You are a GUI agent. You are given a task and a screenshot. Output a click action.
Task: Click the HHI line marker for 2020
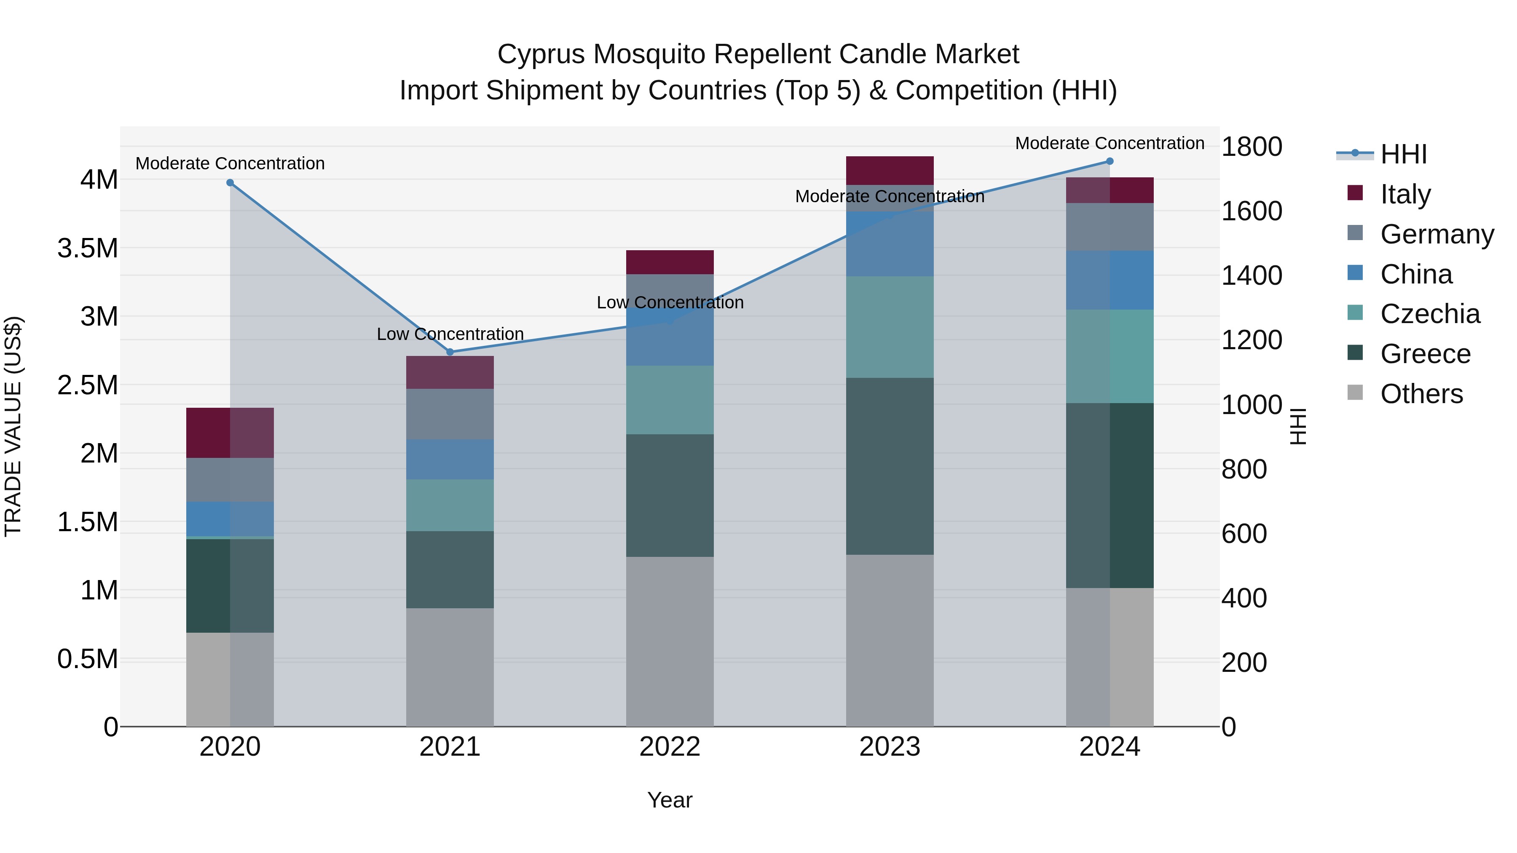tap(230, 182)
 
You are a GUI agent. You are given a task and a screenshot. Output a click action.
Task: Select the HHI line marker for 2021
tap(450, 352)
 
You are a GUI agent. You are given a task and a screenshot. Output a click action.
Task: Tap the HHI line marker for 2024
tap(1110, 161)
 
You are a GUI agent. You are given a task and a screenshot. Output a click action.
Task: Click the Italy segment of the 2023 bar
tap(890, 171)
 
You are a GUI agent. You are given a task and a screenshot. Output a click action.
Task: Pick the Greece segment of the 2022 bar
tap(670, 496)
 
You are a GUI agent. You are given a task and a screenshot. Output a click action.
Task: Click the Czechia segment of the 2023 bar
tap(890, 327)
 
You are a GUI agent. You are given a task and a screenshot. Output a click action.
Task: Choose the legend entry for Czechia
tap(1429, 314)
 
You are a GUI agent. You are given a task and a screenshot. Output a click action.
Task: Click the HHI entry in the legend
tap(1403, 154)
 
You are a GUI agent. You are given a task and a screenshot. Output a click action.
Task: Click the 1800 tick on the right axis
tap(1252, 147)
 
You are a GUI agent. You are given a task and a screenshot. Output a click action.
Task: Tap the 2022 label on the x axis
tap(670, 747)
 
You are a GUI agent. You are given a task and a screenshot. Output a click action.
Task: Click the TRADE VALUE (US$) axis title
tap(13, 426)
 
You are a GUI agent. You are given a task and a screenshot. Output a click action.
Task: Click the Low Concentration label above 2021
tap(450, 334)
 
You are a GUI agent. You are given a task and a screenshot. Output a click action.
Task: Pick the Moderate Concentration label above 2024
tap(1110, 143)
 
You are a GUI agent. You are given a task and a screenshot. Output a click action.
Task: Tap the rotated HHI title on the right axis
tap(1298, 426)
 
